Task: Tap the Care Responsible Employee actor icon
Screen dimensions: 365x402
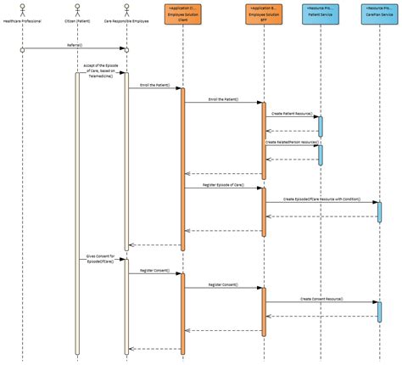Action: pyautogui.click(x=126, y=9)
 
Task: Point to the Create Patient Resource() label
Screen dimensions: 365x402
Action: pyautogui.click(x=291, y=113)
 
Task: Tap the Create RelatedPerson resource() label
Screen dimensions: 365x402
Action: pyautogui.click(x=291, y=142)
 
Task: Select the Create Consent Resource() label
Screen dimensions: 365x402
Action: pyautogui.click(x=321, y=298)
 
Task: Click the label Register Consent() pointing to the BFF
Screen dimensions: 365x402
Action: pyautogui.click(x=222, y=284)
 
